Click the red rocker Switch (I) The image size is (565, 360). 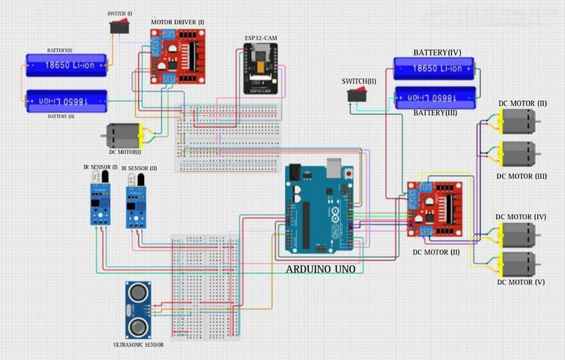pyautogui.click(x=121, y=27)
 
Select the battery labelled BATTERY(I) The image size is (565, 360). pyautogui.click(x=66, y=65)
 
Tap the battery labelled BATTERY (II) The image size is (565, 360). pyautogui.click(x=66, y=101)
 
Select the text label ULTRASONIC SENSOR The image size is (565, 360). pyautogui.click(x=138, y=345)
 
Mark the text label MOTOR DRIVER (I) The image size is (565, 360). pyautogui.click(x=178, y=22)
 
